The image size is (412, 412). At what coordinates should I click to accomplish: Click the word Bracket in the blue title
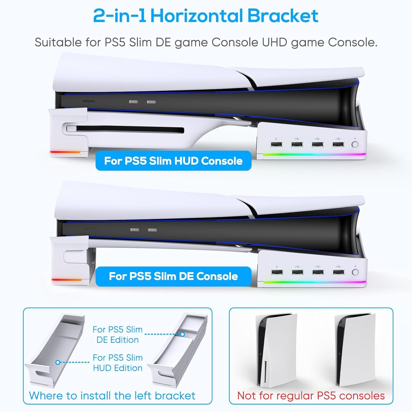283,16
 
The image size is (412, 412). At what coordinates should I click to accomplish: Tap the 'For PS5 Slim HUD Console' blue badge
173,161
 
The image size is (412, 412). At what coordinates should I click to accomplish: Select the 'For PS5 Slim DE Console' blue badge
173,276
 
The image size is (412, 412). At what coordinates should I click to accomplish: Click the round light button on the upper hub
355,144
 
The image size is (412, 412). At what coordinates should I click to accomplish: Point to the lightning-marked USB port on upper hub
276,144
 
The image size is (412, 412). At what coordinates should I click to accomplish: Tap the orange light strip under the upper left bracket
65,152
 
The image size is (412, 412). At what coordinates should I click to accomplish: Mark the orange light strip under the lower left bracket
67,280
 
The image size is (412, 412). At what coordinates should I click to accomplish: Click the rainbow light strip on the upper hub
314,154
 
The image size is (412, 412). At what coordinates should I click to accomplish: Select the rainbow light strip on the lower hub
315,282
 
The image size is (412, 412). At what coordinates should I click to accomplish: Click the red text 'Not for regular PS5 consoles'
311,396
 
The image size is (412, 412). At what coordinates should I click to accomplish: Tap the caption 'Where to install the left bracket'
112,396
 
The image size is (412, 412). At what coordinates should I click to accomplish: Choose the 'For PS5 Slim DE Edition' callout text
118,335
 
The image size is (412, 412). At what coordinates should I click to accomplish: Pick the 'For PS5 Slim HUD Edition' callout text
118,363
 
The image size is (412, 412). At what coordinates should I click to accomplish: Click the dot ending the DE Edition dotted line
182,334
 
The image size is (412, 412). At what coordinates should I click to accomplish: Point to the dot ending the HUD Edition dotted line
58,362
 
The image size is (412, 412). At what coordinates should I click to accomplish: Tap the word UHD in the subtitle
275,42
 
